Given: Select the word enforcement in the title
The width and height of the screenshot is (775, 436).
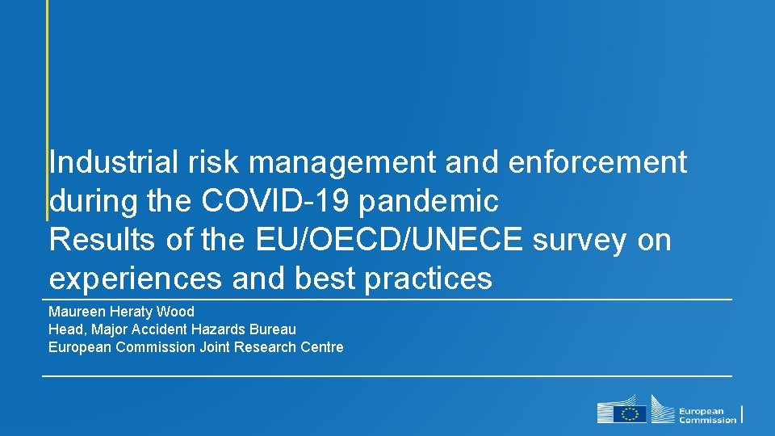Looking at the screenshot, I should [x=597, y=162].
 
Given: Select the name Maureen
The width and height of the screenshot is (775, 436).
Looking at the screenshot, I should [x=75, y=312].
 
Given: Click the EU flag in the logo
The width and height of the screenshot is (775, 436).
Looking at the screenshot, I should [x=630, y=413].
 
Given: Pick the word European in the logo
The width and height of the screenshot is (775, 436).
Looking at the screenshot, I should [x=701, y=410].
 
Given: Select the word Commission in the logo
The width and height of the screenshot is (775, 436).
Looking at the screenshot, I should [x=707, y=420].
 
